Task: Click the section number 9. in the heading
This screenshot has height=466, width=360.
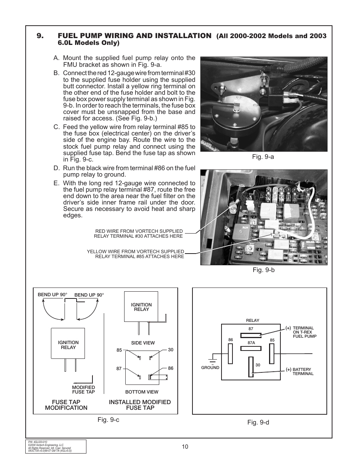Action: pyautogui.click(x=40, y=36)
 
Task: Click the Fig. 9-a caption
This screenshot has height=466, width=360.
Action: pyautogui.click(x=263, y=157)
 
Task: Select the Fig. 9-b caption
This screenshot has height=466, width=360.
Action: pyautogui.click(x=263, y=270)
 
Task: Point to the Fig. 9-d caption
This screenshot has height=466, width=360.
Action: pyautogui.click(x=258, y=422)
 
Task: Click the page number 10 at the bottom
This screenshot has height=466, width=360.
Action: pyautogui.click(x=185, y=447)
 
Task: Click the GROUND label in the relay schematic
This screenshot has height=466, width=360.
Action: pyautogui.click(x=210, y=368)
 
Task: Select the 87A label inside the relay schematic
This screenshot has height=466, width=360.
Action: pyautogui.click(x=252, y=343)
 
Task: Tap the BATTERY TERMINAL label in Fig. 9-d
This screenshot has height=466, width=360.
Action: pyautogui.click(x=303, y=372)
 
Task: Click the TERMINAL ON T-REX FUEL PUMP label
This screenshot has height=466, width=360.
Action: pyautogui.click(x=304, y=332)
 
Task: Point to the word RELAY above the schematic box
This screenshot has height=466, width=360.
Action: pyautogui.click(x=252, y=320)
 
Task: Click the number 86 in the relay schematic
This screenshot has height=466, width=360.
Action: pyautogui.click(x=231, y=340)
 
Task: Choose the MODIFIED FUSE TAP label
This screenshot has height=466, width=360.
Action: pyautogui.click(x=83, y=389)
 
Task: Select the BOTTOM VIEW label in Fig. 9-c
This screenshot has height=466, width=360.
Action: pyautogui.click(x=142, y=392)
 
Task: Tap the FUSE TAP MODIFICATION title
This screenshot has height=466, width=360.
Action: pyautogui.click(x=66, y=405)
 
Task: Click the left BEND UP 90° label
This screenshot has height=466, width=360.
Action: pyautogui.click(x=52, y=294)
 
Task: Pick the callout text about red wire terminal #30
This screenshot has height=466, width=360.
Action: pyautogui.click(x=138, y=234)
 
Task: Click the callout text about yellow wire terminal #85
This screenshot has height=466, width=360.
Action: pyautogui.click(x=135, y=254)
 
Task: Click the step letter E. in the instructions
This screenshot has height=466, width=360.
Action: pyautogui.click(x=57, y=183)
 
